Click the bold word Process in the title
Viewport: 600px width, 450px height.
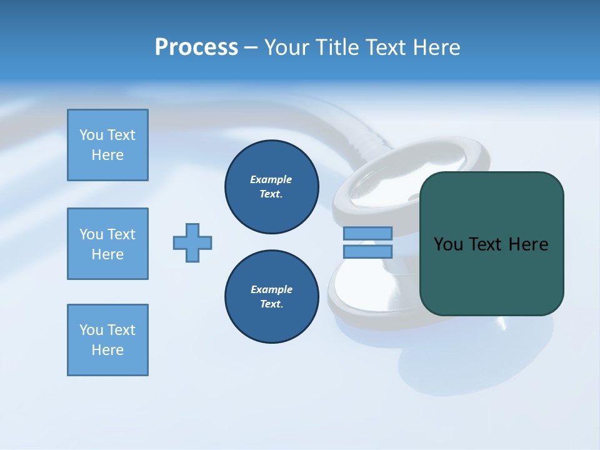pyautogui.click(x=196, y=47)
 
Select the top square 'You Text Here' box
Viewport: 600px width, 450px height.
pyautogui.click(x=107, y=145)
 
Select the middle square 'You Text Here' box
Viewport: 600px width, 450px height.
pyautogui.click(x=107, y=244)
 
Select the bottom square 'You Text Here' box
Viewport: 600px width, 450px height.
pyautogui.click(x=107, y=340)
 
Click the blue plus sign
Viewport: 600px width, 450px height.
pyautogui.click(x=192, y=242)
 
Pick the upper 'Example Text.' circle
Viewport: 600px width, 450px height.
pyautogui.click(x=272, y=187)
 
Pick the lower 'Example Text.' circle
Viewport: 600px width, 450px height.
pyautogui.click(x=272, y=297)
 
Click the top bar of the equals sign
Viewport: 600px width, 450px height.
pyautogui.click(x=367, y=233)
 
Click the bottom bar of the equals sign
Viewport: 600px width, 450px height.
pyautogui.click(x=367, y=251)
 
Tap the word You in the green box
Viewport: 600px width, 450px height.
pyautogui.click(x=448, y=244)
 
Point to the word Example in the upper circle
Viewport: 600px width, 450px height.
pyautogui.click(x=271, y=179)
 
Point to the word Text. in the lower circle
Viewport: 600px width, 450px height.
pyautogui.click(x=272, y=304)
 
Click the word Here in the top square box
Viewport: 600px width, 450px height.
pyautogui.click(x=107, y=155)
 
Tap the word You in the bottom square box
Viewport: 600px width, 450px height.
pyautogui.click(x=91, y=330)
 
